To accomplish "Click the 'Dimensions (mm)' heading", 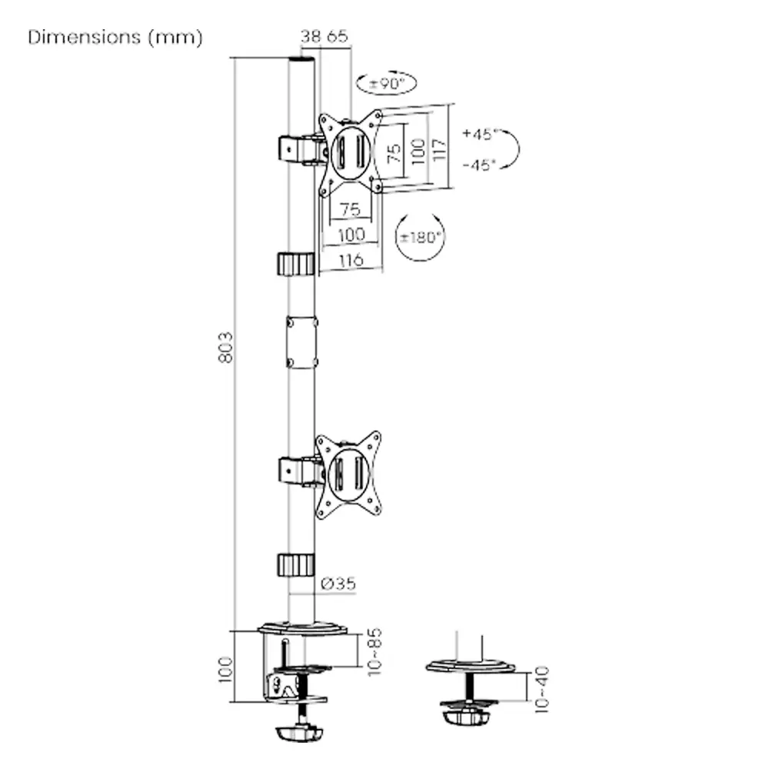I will click(115, 38).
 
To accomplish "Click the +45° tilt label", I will click(481, 134).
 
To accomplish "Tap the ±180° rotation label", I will click(420, 236).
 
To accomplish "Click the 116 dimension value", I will click(351, 260).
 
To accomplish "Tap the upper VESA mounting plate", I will click(351, 152).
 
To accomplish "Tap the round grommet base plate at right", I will click(471, 665).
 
